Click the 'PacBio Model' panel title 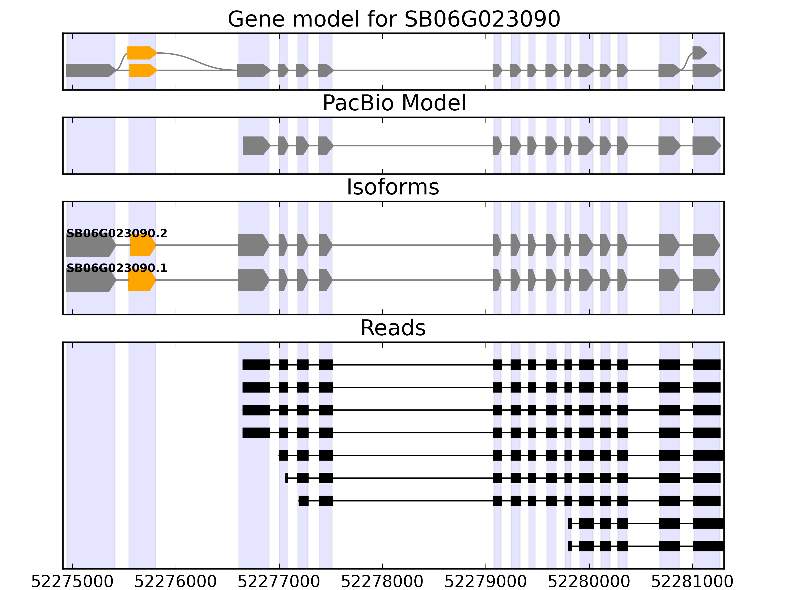point(393,103)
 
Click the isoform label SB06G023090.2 point(117,233)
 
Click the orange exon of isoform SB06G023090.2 point(142,245)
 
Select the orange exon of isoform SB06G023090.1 point(141,280)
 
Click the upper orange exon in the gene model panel point(141,53)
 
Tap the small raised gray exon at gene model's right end point(699,53)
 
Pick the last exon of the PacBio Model point(706,146)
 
